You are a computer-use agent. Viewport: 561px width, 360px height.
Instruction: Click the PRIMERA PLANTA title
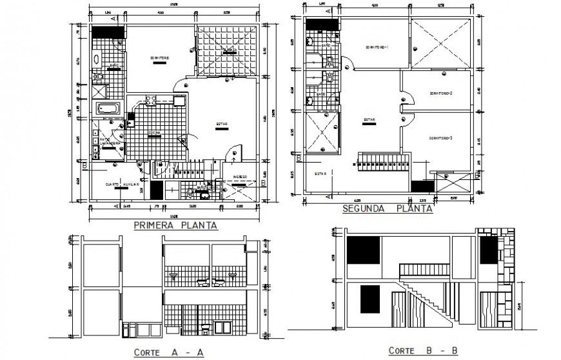(175, 226)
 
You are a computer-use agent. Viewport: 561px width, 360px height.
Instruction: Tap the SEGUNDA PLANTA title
(388, 208)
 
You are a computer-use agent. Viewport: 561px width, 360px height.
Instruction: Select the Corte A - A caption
(169, 352)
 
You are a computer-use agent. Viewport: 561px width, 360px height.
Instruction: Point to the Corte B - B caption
(422, 350)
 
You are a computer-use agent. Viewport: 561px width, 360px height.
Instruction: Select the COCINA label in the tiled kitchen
(155, 133)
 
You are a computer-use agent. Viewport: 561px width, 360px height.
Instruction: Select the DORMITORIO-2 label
(440, 94)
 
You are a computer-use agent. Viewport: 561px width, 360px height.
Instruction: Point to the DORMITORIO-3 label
(440, 138)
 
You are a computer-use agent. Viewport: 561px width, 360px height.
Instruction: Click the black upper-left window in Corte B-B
(363, 250)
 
